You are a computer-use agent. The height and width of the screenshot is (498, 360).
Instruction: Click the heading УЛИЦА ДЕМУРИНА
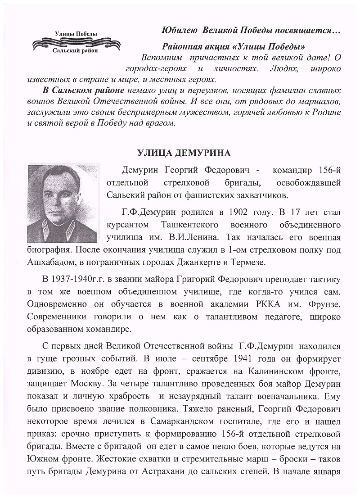point(183,153)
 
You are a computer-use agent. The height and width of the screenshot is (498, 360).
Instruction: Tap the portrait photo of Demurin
point(62,203)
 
